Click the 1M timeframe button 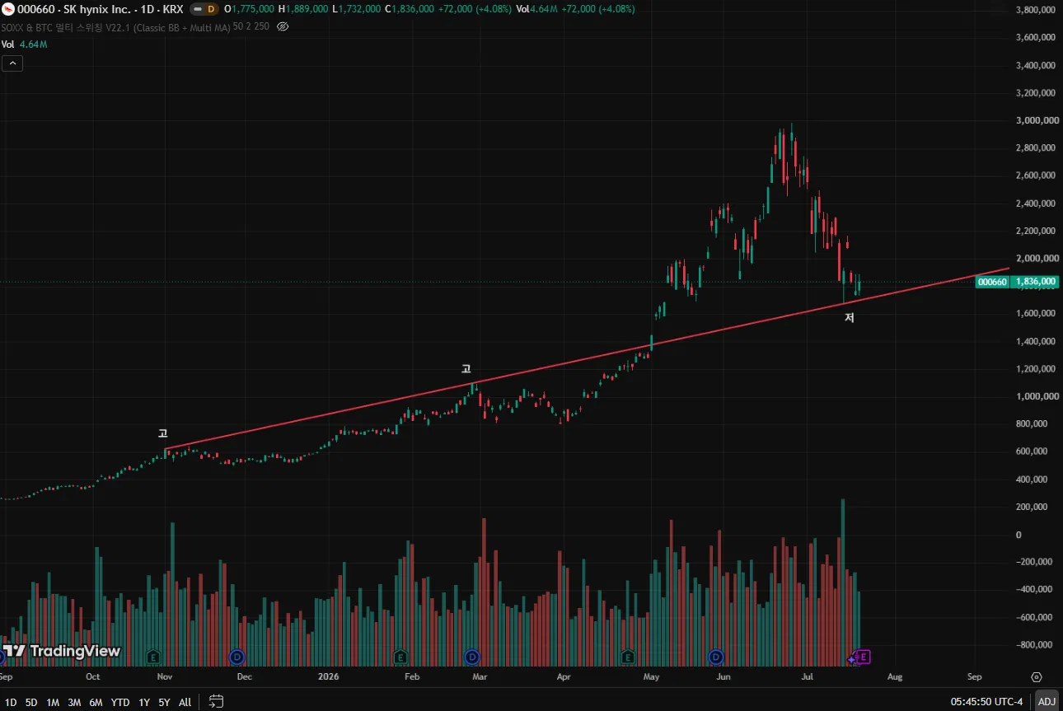pyautogui.click(x=53, y=702)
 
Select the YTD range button pyautogui.click(x=119, y=702)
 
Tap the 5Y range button pyautogui.click(x=164, y=702)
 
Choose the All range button pyautogui.click(x=185, y=702)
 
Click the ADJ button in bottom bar pyautogui.click(x=1047, y=701)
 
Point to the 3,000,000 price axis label pyautogui.click(x=1035, y=120)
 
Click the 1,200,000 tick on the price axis pyautogui.click(x=1035, y=368)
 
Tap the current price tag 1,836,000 pyautogui.click(x=1036, y=282)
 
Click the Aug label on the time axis pyautogui.click(x=895, y=676)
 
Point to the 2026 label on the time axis pyautogui.click(x=329, y=676)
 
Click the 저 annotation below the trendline pyautogui.click(x=850, y=317)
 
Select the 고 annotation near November pyautogui.click(x=163, y=433)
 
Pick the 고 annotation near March pyautogui.click(x=466, y=368)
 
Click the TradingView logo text pyautogui.click(x=75, y=651)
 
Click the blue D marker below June pyautogui.click(x=715, y=657)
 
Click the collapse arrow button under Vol pyautogui.click(x=12, y=63)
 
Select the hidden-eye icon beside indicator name pyautogui.click(x=283, y=26)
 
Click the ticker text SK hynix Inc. pyautogui.click(x=100, y=9)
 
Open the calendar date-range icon pyautogui.click(x=216, y=701)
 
